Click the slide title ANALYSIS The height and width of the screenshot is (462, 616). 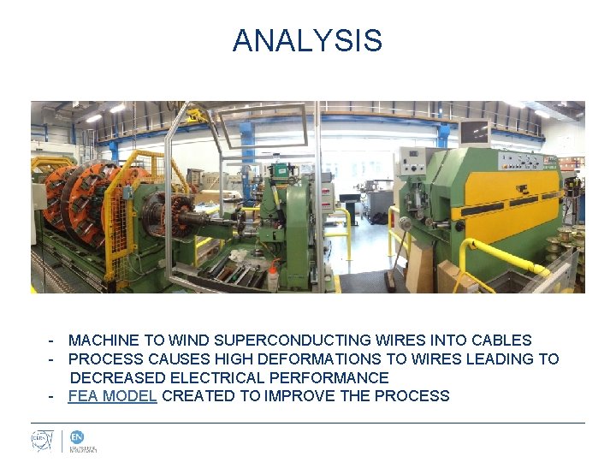[307, 40]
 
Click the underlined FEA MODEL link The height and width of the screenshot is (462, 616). [112, 396]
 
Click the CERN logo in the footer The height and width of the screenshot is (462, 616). [43, 441]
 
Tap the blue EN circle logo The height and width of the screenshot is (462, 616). [77, 436]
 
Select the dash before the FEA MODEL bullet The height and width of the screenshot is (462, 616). [52, 396]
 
